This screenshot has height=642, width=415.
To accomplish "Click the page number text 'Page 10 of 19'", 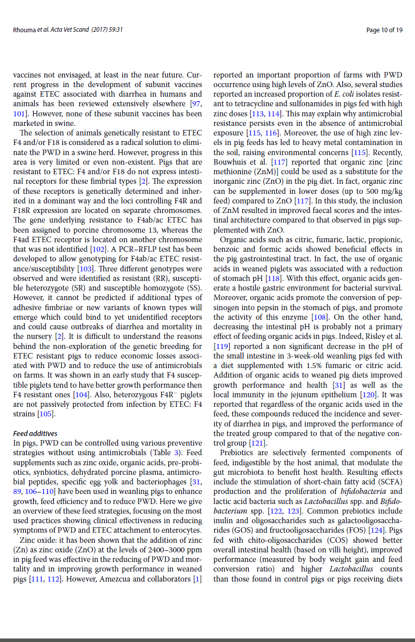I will tap(384, 30).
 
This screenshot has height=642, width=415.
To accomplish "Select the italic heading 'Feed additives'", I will tap(35, 433).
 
